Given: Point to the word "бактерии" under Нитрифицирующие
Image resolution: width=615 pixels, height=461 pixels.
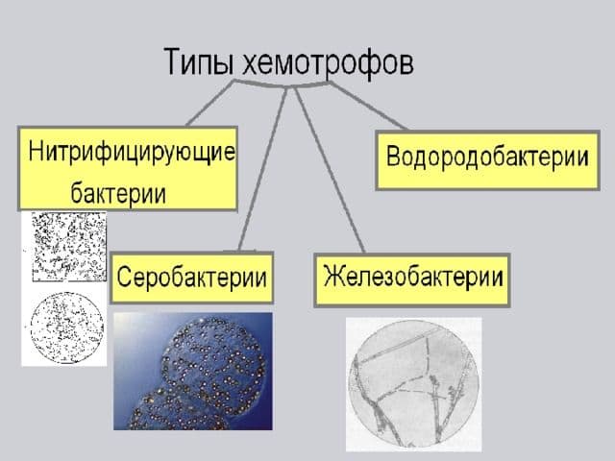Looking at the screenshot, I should point(118,193).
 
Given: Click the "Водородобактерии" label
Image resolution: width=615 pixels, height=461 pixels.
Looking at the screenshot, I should point(486,156).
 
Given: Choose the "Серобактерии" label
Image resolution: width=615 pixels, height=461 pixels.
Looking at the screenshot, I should point(192,280).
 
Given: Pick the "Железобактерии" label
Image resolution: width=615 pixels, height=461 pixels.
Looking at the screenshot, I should point(413,278).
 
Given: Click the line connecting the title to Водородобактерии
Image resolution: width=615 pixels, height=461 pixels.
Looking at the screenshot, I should point(370,108).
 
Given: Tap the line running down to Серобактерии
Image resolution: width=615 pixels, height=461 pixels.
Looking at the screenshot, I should point(261,173).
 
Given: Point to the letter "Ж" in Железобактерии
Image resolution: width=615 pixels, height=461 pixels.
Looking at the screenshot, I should point(333,278).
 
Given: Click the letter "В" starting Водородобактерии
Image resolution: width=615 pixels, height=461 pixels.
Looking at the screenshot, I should point(393,156).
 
